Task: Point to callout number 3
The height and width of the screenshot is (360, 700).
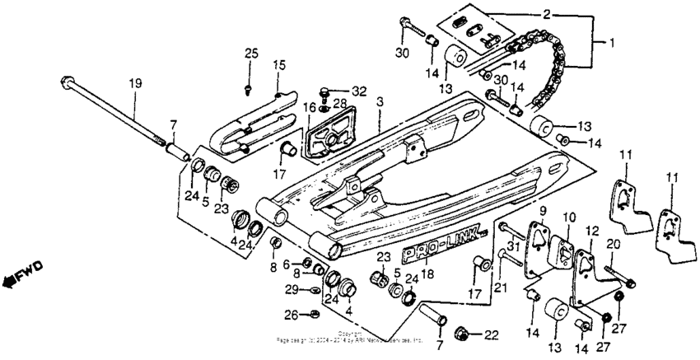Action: [x=380, y=101]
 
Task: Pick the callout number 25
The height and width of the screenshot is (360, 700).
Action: [x=250, y=54]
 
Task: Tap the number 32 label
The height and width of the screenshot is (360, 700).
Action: [x=357, y=89]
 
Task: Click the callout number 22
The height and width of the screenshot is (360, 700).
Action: [x=491, y=334]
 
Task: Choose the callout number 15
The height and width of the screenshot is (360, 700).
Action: [x=279, y=65]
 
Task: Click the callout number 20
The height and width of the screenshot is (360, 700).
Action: [x=611, y=243]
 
